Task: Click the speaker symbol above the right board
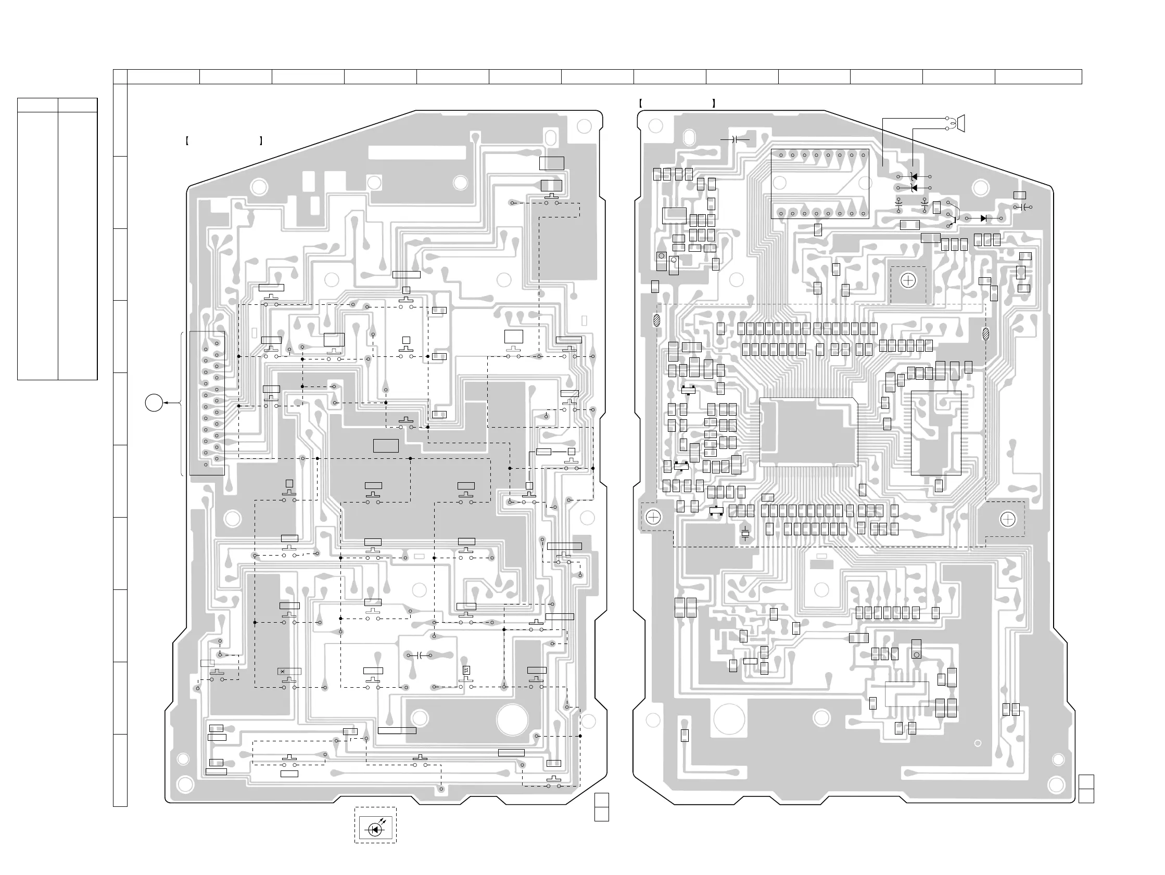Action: coord(960,123)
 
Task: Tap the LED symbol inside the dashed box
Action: coord(375,830)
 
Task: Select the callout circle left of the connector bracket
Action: coord(154,403)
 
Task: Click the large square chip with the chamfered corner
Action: coord(808,432)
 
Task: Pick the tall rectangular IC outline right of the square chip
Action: coord(936,433)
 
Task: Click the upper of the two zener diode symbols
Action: coord(914,177)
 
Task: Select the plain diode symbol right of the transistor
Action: coord(983,218)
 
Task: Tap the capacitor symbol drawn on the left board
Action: coord(420,655)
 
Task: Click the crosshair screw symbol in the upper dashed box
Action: coord(908,280)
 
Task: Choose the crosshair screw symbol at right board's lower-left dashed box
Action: coord(653,517)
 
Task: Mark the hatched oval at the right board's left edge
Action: coord(656,319)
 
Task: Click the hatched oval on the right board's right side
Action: coord(986,333)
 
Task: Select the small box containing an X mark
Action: coord(283,671)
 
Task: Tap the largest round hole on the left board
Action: coord(512,719)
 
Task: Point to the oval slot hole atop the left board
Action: coord(550,137)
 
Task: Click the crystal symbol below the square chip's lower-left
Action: coord(745,533)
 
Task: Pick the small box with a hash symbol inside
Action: coord(466,670)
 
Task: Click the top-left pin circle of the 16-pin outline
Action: coord(781,156)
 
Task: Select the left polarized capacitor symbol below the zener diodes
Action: coord(899,203)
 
